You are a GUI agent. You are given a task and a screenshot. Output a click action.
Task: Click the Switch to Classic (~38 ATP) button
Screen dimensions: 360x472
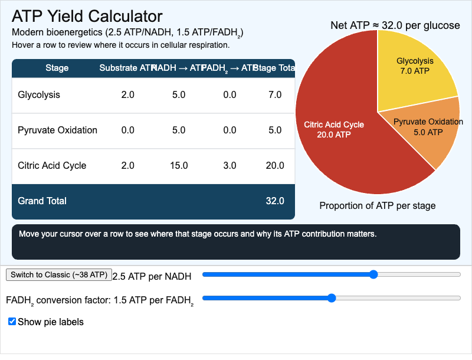58,274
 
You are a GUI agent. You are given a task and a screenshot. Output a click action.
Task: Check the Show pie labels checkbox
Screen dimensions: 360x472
12,322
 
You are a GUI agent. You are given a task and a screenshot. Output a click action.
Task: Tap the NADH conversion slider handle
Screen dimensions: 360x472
373,274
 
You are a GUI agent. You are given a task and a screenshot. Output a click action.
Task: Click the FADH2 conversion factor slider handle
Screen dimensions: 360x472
332,298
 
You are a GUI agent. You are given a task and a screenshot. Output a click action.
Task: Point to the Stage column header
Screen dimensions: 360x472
57,68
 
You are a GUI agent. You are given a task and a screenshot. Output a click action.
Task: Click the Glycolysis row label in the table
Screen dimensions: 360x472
39,95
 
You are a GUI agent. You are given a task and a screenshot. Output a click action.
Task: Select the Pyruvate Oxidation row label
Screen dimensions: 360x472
57,130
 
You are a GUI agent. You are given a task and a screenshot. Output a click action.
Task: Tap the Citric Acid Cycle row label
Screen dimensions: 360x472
52,166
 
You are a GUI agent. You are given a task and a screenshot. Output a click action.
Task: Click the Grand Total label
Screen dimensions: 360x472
42,201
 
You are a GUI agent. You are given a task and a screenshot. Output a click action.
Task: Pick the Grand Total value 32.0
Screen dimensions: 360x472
275,201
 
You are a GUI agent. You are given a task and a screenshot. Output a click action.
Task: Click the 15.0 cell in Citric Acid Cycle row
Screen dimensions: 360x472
179,166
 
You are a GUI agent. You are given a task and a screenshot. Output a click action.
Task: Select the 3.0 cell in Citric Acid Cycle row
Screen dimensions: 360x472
230,166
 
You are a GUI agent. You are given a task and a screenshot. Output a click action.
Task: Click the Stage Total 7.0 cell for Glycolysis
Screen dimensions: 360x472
275,95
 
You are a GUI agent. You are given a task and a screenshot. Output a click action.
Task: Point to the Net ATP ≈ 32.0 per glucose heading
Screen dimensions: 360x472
394,25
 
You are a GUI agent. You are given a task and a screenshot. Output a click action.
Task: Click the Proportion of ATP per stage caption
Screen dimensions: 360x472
377,206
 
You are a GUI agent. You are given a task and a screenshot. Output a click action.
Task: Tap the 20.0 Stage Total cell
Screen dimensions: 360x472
275,166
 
